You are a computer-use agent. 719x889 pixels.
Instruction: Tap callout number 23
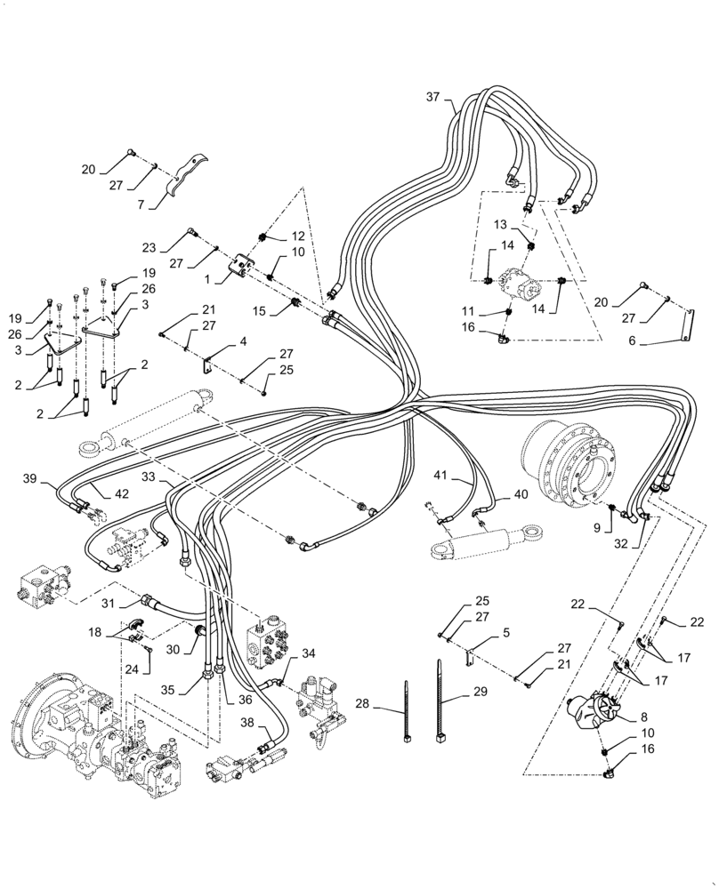[149, 249]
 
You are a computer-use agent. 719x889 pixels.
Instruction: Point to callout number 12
[296, 236]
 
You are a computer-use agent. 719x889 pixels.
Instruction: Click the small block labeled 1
[241, 267]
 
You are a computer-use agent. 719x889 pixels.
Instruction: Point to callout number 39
[29, 479]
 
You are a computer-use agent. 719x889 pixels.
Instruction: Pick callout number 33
[148, 477]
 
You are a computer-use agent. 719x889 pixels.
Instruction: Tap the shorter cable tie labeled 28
[407, 708]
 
